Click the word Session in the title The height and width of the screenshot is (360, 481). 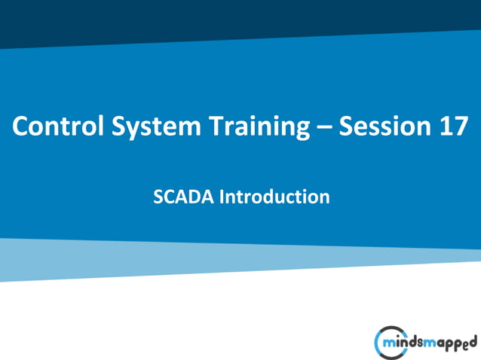click(382, 128)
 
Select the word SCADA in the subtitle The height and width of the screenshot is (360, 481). click(183, 197)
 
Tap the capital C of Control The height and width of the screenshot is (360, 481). click(20, 128)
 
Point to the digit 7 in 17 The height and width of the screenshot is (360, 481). click(459, 128)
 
